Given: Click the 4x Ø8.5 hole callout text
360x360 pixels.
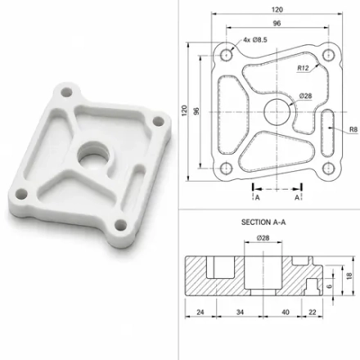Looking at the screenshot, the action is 255,40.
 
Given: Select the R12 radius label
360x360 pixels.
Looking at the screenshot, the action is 303,68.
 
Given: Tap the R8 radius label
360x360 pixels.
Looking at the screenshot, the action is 353,129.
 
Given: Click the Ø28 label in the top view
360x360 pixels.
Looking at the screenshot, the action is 305,96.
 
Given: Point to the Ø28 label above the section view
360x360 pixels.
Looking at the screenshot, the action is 263,238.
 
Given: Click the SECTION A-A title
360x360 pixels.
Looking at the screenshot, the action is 263,223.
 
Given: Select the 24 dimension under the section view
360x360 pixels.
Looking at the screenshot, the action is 200,312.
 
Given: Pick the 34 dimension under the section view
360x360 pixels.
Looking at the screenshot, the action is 240,312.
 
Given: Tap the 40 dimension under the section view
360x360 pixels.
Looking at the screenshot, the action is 286,312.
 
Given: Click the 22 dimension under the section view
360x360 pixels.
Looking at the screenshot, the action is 313,312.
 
